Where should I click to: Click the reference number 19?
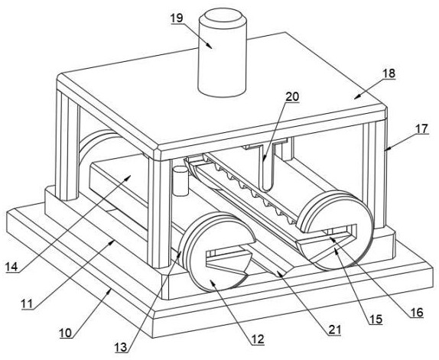click(177, 18)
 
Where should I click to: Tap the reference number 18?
click(389, 73)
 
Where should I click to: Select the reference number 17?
click(421, 129)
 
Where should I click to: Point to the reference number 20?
click(292, 96)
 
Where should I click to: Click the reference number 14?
click(11, 267)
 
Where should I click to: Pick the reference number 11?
click(28, 303)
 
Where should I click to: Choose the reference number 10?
click(66, 333)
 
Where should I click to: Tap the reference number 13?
click(121, 348)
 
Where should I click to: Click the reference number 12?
click(258, 339)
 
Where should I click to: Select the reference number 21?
click(335, 330)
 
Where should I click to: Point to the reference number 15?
click(376, 319)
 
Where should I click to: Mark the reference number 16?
click(417, 313)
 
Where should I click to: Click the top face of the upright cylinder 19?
click(223, 18)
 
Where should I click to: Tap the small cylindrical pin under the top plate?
click(180, 181)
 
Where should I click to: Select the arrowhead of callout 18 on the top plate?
click(356, 97)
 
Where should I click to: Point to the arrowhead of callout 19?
click(209, 46)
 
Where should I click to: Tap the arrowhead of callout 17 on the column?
click(387, 148)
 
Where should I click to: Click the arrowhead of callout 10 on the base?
click(109, 291)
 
